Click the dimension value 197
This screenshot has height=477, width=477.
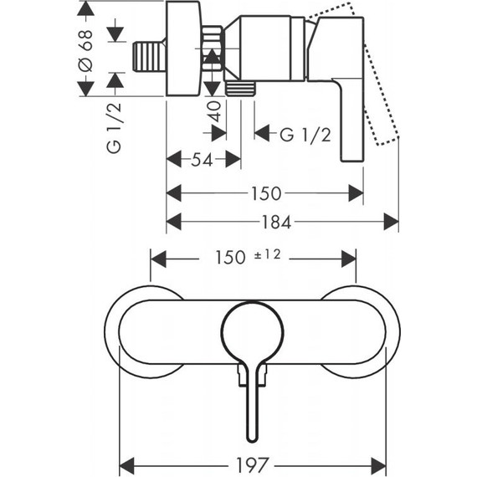(x=253, y=464)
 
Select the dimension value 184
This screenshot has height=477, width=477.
(x=276, y=222)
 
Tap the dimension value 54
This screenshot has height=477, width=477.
(x=202, y=159)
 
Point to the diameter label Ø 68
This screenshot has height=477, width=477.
(x=85, y=50)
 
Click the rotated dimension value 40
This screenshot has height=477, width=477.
(x=214, y=111)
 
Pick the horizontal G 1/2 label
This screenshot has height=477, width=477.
(x=305, y=134)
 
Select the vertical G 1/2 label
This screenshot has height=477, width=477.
(x=114, y=128)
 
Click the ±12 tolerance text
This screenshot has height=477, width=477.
(x=268, y=254)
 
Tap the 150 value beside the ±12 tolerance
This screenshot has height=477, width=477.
(x=230, y=258)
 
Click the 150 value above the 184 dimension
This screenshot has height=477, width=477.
(x=266, y=193)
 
